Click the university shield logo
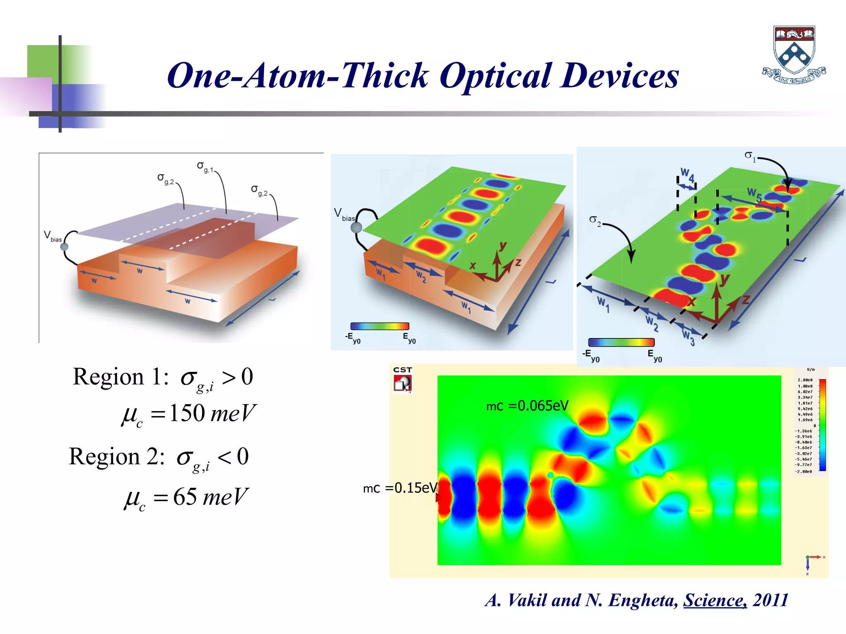point(794,54)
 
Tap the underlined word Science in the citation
point(715,600)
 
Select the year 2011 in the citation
point(771,600)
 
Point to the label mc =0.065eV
point(527,406)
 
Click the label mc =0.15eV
point(400,488)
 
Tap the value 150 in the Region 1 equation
point(187,413)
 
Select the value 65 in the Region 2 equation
point(185,497)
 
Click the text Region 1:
point(120,377)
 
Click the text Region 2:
point(116,457)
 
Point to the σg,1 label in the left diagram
point(205,167)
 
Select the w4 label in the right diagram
point(687,175)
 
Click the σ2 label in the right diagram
point(595,220)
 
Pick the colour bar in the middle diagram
point(380,326)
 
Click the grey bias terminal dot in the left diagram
point(64,247)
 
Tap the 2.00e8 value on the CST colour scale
point(805,380)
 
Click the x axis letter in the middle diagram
point(473,265)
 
